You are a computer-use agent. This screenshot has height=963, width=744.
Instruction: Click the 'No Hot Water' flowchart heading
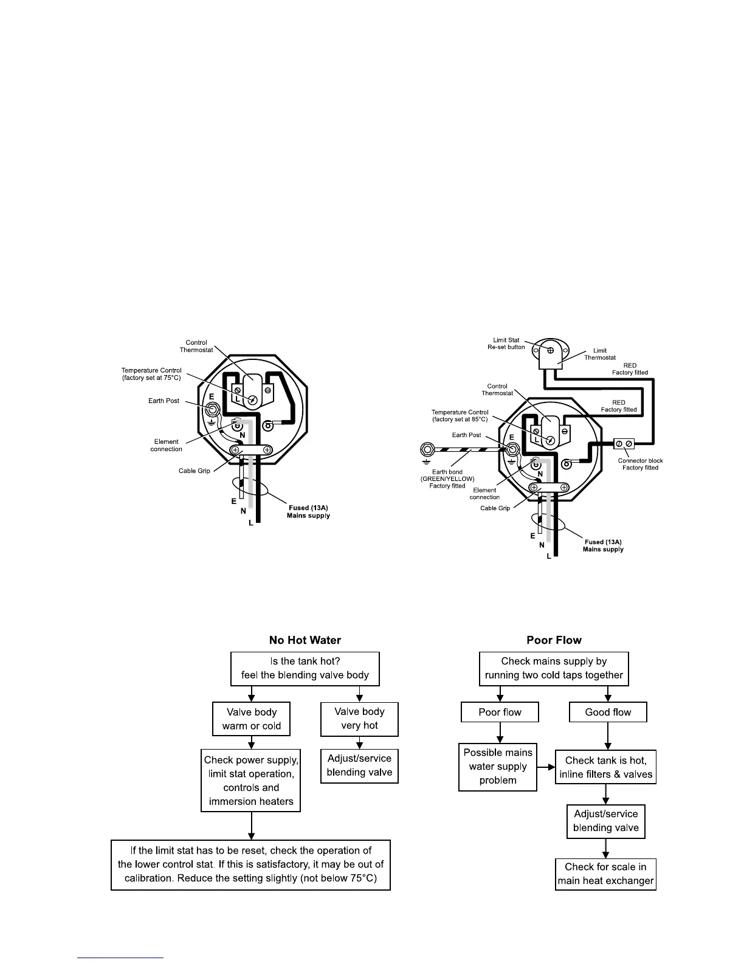305,640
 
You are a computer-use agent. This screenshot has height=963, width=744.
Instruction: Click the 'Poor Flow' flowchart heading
554,640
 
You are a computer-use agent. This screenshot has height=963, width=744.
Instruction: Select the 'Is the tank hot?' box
305,668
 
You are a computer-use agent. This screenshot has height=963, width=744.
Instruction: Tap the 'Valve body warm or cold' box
251,719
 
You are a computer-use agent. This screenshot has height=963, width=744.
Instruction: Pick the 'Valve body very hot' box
359,719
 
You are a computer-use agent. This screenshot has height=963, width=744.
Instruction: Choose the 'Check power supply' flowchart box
251,781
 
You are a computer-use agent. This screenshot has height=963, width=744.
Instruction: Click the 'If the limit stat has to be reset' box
250,865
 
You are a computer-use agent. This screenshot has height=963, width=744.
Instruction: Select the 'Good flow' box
608,712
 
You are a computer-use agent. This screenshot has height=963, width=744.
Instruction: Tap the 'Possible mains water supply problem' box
498,767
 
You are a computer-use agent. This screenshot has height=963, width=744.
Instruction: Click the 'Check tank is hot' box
605,767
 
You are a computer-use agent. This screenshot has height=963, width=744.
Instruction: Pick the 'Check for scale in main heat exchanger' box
605,874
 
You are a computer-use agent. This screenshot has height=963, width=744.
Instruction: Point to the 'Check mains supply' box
554,668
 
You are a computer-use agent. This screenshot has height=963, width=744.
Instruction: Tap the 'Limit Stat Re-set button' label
506,343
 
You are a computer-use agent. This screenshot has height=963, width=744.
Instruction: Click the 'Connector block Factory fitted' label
640,464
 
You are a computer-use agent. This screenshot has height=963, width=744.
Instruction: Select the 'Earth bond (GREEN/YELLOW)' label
447,478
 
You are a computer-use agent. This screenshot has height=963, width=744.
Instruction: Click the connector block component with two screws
624,443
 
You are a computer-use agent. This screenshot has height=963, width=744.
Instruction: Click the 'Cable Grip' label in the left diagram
195,471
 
